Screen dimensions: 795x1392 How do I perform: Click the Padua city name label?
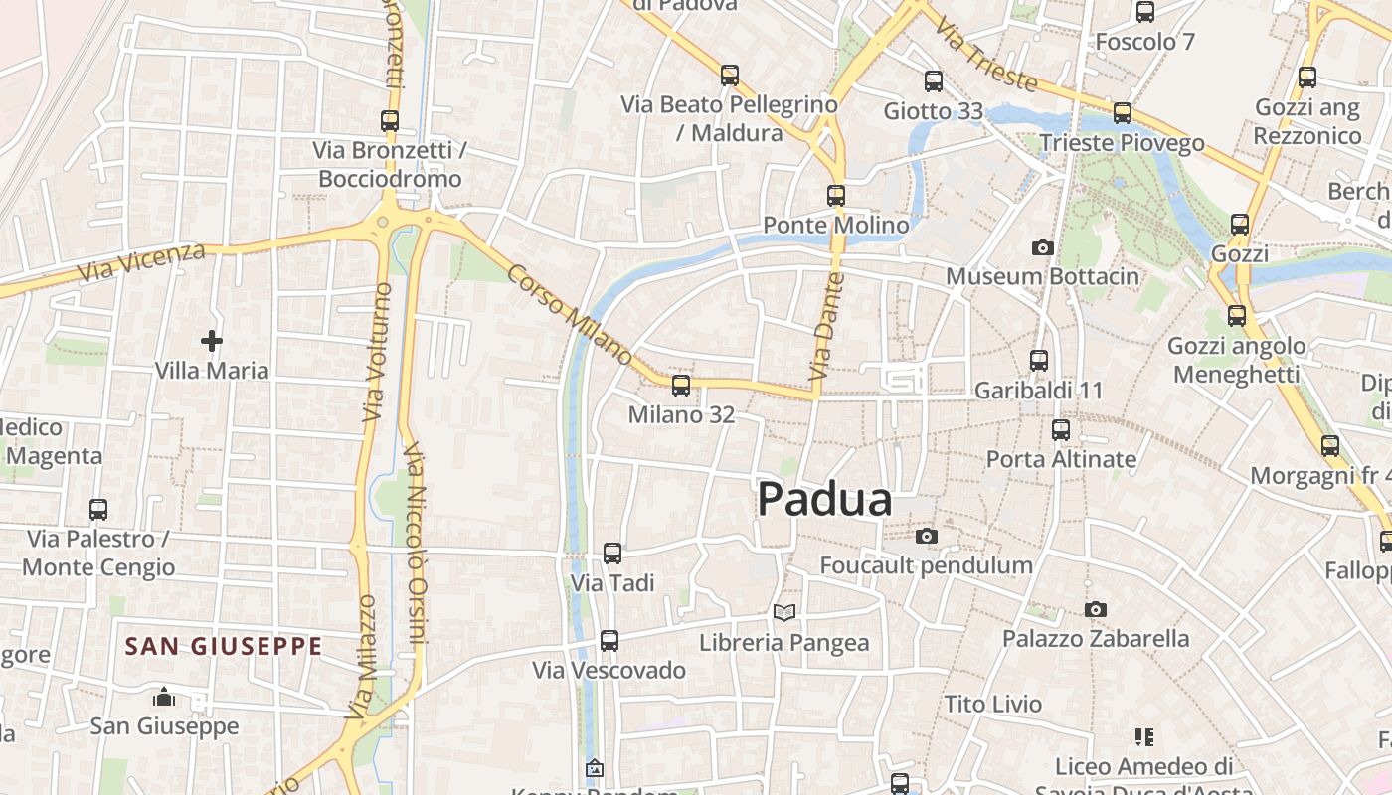(824, 500)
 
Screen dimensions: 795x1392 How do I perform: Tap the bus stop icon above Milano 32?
(681, 385)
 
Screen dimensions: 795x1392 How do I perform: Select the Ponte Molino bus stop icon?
(836, 196)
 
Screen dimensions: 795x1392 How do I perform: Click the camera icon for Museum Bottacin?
(1042, 247)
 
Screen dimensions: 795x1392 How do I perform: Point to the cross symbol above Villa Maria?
(212, 341)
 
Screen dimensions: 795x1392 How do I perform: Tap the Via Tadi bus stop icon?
(612, 553)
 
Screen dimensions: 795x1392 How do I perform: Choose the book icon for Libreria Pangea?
(784, 612)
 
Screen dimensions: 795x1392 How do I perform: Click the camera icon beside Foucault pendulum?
(927, 537)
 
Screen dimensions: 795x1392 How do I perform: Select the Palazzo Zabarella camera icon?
(1096, 609)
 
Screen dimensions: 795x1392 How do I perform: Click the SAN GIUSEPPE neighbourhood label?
(224, 647)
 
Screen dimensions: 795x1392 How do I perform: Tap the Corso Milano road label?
(569, 314)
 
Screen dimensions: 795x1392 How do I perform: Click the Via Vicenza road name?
(141, 261)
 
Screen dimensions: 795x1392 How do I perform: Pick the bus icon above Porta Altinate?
(1061, 429)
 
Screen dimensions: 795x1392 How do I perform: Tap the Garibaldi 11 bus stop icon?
(1039, 360)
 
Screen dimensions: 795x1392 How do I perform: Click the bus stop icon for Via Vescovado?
(609, 641)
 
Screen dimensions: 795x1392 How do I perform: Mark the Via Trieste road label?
(986, 60)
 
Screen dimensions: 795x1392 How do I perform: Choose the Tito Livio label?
(993, 705)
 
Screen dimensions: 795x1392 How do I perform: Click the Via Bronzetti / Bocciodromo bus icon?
(390, 121)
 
